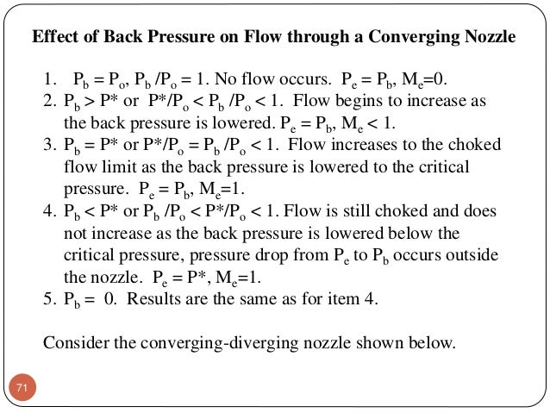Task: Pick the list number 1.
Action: [49, 81]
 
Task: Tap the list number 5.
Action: [49, 300]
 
